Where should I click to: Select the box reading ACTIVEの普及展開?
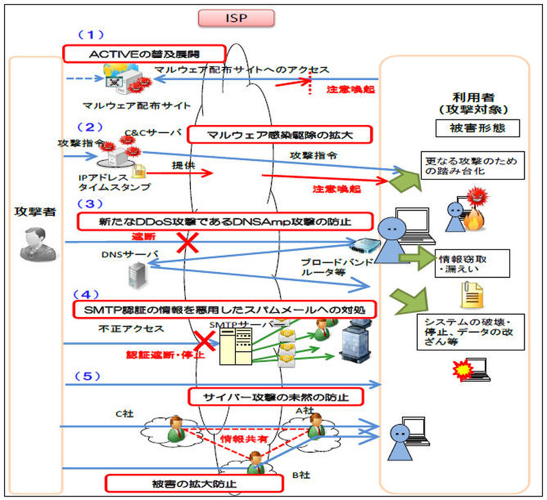pyautogui.click(x=144, y=53)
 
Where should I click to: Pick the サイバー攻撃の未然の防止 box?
pyautogui.click(x=274, y=396)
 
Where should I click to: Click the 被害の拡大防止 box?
pyautogui.click(x=194, y=484)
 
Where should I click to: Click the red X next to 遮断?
pyautogui.click(x=188, y=243)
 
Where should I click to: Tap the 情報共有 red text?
pyautogui.click(x=239, y=434)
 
